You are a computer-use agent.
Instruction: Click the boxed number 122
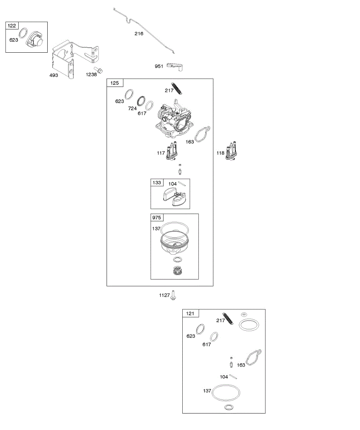click(12, 25)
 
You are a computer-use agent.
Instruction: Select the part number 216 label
click(139, 34)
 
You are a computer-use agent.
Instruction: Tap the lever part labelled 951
click(175, 66)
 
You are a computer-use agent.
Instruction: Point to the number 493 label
click(53, 76)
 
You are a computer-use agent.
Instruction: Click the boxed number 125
click(115, 83)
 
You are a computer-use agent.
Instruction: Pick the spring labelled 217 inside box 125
click(178, 88)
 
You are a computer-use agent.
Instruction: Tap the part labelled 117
click(171, 152)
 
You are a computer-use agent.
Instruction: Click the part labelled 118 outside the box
click(231, 152)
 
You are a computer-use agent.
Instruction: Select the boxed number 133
click(157, 183)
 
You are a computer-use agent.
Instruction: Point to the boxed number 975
click(157, 218)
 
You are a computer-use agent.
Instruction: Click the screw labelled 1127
click(173, 295)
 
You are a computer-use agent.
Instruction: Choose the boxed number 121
click(190, 314)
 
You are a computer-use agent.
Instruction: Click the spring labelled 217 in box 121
click(228, 317)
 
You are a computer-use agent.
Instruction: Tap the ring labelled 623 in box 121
click(200, 329)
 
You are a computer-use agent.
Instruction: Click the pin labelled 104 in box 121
click(233, 376)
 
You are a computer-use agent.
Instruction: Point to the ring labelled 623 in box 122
click(22, 33)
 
